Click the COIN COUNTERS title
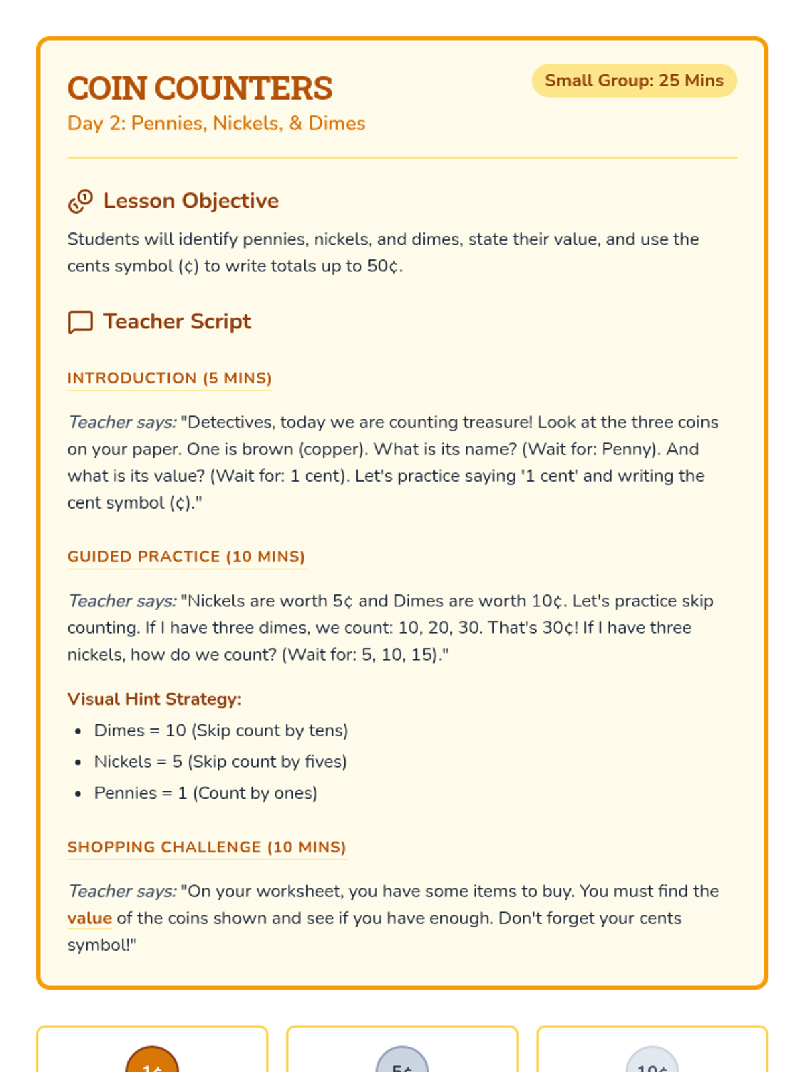[200, 88]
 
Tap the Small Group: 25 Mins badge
[634, 81]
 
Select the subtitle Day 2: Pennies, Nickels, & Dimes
[216, 123]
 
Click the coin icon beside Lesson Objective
[80, 201]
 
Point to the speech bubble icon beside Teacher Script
[80, 322]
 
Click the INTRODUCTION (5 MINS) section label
[170, 378]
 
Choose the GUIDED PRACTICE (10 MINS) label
[186, 557]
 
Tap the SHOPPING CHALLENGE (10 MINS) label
[206, 847]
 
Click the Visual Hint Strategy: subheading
[154, 699]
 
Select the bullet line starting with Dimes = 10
[221, 730]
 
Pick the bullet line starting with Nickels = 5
[220, 762]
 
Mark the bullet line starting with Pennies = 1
[206, 793]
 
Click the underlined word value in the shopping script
[89, 918]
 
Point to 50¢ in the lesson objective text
[383, 266]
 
